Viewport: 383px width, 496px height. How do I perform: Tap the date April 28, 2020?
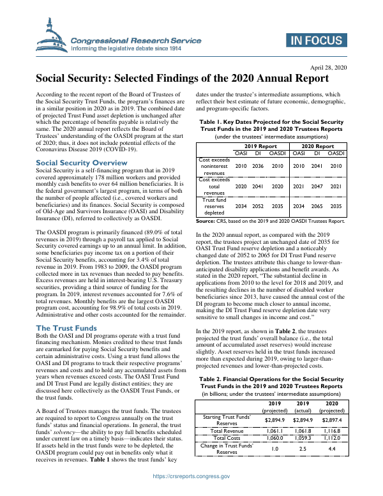point(328,67)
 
